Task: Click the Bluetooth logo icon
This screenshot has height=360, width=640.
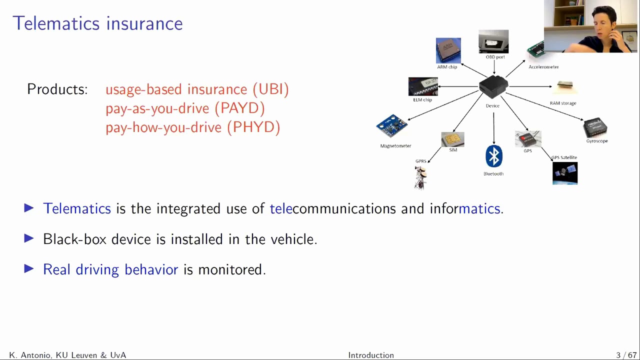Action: tap(493, 156)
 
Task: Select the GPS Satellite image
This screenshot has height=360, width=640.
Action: tap(565, 173)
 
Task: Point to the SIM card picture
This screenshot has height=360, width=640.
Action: tap(452, 139)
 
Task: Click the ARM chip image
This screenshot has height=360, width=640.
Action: tap(448, 50)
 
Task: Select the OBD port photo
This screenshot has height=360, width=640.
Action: tap(493, 41)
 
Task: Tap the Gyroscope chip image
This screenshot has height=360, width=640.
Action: tap(595, 127)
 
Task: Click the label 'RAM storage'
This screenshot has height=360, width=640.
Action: tap(563, 103)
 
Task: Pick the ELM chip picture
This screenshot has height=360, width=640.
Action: tap(423, 86)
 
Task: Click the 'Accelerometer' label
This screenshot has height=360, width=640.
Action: tap(543, 67)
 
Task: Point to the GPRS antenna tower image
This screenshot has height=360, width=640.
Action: tap(420, 178)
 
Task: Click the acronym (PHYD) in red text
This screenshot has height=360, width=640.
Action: tap(253, 127)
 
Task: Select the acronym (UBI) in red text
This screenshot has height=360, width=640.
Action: tap(270, 89)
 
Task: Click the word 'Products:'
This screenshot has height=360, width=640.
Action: tap(57, 89)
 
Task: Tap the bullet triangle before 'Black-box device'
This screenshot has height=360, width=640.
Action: tap(29, 238)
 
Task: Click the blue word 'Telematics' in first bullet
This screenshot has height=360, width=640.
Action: tap(77, 208)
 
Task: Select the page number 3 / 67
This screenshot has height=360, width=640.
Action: tap(626, 355)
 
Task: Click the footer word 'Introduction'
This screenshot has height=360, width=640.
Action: tap(371, 355)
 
